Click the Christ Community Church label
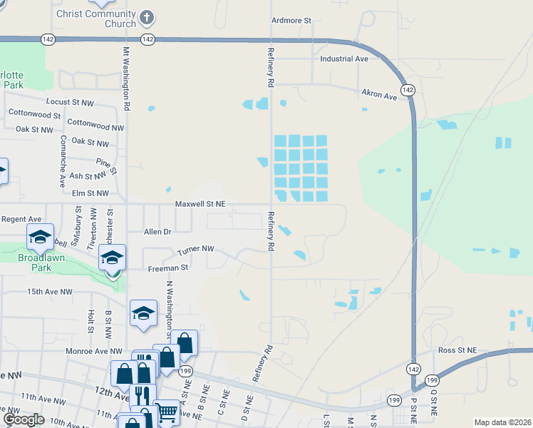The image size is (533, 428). point(95,19)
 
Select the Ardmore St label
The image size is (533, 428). point(291,21)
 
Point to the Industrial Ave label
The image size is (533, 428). point(344,58)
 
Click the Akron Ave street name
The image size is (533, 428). point(378,95)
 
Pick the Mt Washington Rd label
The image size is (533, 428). point(126,78)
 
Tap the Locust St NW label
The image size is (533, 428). point(70,103)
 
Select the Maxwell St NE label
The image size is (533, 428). point(200,204)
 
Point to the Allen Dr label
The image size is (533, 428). point(157,232)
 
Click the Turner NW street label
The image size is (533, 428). point(196,248)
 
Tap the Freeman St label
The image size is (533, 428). point(167,267)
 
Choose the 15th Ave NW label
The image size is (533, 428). point(50,292)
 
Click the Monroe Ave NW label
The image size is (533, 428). point(95,351)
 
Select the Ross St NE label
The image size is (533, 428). point(457,350)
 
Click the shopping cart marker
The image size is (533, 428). point(166,411)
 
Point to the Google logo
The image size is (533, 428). point(24,419)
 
